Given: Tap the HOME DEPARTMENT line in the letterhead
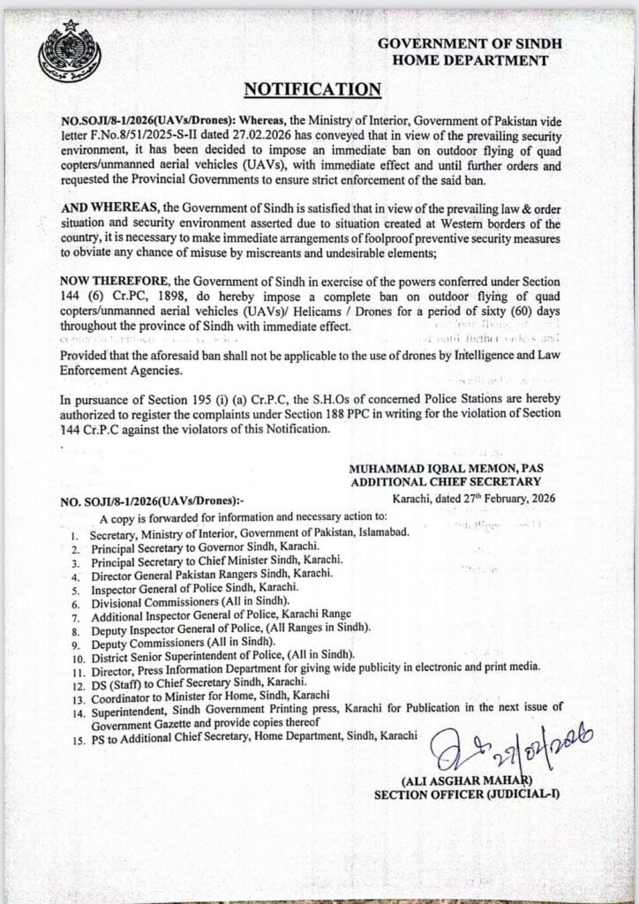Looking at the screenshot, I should tap(473, 59).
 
